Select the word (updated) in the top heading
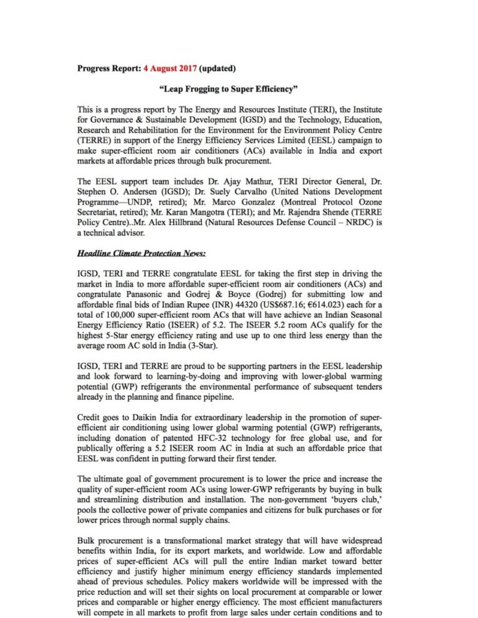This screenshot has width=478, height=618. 217,68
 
